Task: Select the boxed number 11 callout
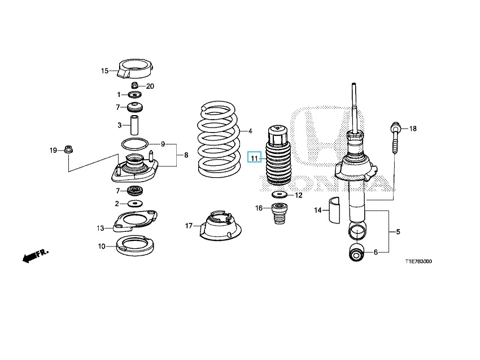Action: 254,158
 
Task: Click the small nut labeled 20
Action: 135,86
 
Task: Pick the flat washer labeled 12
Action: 278,195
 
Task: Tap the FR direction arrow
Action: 34,257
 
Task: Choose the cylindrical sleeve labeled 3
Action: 136,125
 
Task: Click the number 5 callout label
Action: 398,231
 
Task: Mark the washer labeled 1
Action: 136,94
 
